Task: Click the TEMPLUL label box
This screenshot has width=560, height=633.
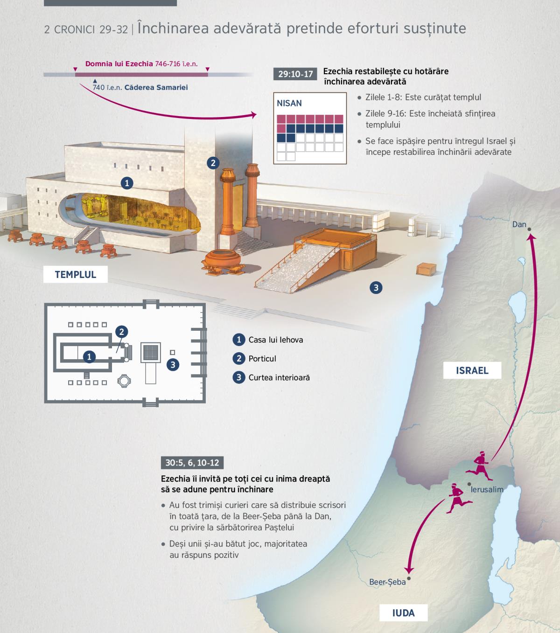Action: tap(75, 274)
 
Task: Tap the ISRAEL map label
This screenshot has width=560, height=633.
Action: tap(472, 370)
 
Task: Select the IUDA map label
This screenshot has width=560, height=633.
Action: tap(403, 613)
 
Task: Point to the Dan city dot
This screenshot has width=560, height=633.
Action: tap(529, 230)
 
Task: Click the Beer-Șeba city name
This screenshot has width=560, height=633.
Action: tap(387, 582)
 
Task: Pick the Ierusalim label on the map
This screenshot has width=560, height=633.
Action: tap(487, 490)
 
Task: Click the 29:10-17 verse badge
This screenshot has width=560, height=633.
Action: tap(295, 74)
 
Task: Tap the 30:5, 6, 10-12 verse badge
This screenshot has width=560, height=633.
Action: tap(192, 463)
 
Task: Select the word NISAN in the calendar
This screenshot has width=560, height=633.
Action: tap(289, 103)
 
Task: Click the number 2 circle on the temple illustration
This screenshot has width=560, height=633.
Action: tap(213, 163)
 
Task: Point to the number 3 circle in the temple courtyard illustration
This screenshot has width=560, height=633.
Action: tap(376, 288)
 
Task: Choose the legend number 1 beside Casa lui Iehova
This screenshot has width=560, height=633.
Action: tap(239, 340)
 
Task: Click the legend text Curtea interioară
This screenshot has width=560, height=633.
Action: tap(279, 377)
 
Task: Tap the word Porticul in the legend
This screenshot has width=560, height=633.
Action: tap(262, 359)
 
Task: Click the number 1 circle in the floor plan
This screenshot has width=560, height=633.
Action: tap(89, 357)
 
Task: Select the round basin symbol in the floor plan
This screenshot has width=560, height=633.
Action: tap(124, 381)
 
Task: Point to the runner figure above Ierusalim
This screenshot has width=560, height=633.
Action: tap(479, 466)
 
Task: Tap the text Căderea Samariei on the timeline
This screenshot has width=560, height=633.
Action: tap(156, 88)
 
